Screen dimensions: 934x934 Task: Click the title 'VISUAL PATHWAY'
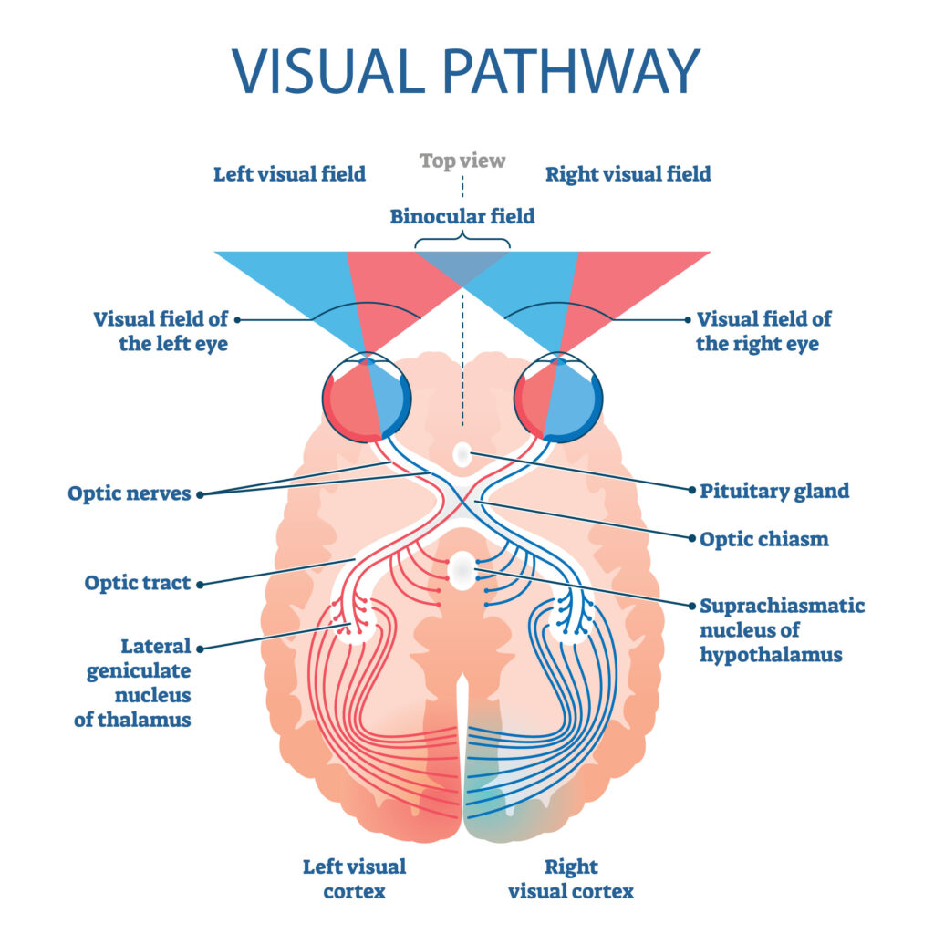point(466,71)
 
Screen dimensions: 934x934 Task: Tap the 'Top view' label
point(462,161)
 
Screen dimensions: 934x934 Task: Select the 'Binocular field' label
point(462,217)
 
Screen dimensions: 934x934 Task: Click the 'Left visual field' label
point(289,173)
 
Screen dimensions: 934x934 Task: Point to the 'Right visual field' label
point(628,173)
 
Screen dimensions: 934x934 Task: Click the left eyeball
point(367,399)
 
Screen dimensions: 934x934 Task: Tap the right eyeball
point(558,399)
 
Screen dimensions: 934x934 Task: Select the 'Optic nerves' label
point(129,494)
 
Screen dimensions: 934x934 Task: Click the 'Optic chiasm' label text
point(764,539)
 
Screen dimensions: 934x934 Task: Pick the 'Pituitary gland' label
point(774,492)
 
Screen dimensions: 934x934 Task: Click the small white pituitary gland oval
point(463,452)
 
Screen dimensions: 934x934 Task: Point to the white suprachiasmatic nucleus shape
point(462,572)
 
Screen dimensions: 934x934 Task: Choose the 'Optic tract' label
point(138,583)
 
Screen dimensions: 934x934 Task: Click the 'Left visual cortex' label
point(354,878)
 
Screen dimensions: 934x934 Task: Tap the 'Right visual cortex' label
point(571,878)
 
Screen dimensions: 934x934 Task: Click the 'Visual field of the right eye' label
point(763,332)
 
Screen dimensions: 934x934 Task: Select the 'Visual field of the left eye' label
point(160,332)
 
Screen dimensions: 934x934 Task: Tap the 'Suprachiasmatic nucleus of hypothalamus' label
point(782,630)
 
